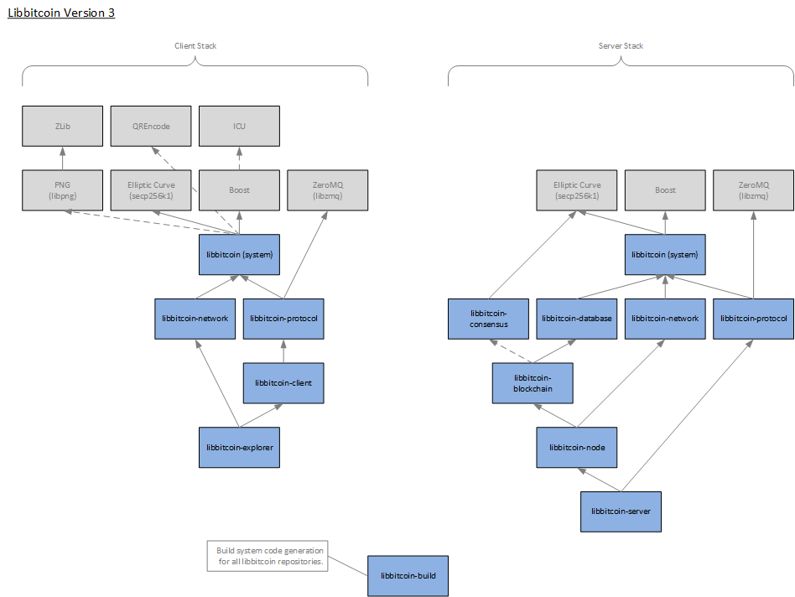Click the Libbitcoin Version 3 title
(60, 13)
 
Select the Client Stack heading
(195, 45)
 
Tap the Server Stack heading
(621, 45)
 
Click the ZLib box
(62, 126)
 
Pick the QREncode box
(152, 126)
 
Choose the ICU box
(239, 126)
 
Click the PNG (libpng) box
(62, 189)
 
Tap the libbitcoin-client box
(283, 382)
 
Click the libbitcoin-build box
(408, 575)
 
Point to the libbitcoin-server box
(621, 511)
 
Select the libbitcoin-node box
(577, 447)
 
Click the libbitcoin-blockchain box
(533, 382)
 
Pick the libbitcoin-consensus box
(488, 319)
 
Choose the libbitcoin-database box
(577, 319)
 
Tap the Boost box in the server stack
(665, 189)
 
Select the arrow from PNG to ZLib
(62, 158)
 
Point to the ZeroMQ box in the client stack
(328, 189)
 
